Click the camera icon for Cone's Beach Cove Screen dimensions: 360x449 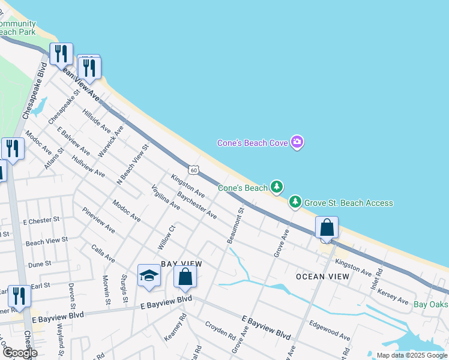click(x=297, y=142)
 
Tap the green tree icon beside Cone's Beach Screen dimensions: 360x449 click(x=276, y=188)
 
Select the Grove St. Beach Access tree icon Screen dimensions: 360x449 click(x=295, y=202)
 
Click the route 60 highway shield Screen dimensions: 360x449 click(x=193, y=170)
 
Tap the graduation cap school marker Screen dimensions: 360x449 click(x=149, y=275)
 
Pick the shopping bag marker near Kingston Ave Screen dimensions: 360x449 click(x=327, y=228)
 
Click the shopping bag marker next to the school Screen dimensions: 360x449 click(x=185, y=277)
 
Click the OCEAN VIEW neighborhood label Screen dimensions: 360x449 click(x=322, y=277)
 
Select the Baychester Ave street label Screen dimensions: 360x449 click(x=197, y=205)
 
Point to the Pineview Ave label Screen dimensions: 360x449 click(x=99, y=220)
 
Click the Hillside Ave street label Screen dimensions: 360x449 click(x=97, y=121)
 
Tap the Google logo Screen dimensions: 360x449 click(x=19, y=352)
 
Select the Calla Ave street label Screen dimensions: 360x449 click(x=103, y=253)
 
